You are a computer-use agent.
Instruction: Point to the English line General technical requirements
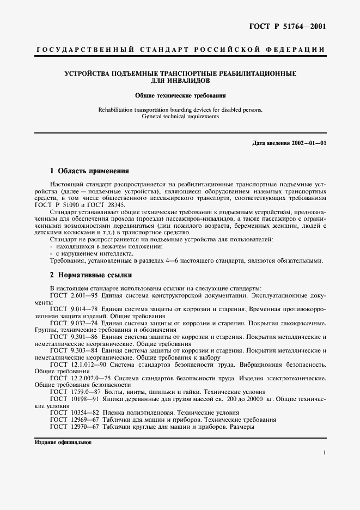(180, 116)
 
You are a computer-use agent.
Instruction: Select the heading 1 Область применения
(89, 170)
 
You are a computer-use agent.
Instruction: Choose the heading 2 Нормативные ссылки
(90, 275)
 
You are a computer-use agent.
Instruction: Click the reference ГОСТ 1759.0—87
(75, 392)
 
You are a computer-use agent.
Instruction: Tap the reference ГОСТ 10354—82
(73, 413)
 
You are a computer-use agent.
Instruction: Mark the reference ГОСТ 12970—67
(73, 427)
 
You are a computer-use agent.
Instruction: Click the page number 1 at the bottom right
(324, 453)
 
